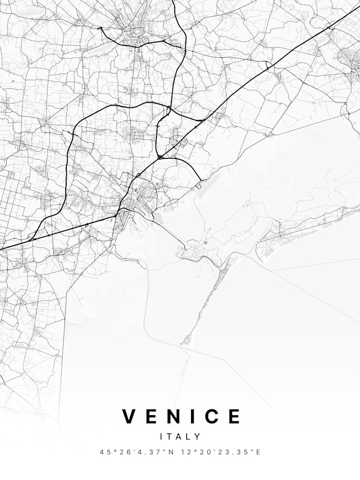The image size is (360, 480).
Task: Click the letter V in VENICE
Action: pyautogui.click(x=131, y=416)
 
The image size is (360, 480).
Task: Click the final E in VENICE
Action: pyautogui.click(x=235, y=416)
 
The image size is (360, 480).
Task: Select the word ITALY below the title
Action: pyautogui.click(x=180, y=437)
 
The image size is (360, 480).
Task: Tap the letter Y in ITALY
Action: pyautogui.click(x=198, y=437)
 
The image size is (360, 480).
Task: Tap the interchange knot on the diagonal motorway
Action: pyautogui.click(x=160, y=157)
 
